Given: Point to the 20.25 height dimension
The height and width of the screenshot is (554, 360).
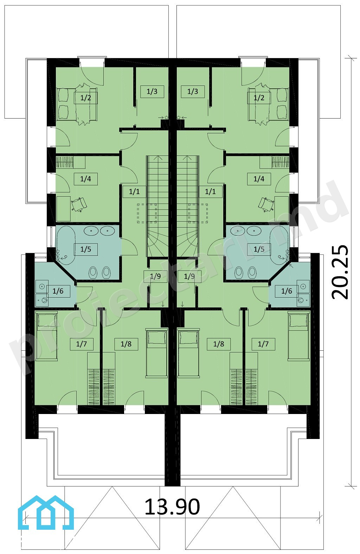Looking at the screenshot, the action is tap(340, 272).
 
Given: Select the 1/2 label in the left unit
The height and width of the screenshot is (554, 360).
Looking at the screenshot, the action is tap(85, 98).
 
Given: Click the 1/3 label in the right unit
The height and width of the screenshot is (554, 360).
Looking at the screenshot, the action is tap(193, 91).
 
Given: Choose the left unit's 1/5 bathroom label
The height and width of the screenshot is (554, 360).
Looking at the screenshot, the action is tap(86, 249).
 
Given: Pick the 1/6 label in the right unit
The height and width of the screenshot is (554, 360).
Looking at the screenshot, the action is tap(287, 291).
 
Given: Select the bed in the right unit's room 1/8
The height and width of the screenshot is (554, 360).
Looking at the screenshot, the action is tap(189, 353).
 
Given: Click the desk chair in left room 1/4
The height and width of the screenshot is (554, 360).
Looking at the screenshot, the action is tap(79, 204).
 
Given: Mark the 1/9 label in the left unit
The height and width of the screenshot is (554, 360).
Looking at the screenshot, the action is tap(155, 276).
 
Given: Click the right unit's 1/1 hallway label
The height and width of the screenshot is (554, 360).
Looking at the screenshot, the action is tap(211, 191).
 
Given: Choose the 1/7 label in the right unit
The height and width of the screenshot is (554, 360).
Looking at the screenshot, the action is tap(263, 344).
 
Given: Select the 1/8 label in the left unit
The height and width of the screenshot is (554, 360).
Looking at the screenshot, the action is tap(126, 344).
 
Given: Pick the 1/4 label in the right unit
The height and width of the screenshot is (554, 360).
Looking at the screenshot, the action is tap(259, 179).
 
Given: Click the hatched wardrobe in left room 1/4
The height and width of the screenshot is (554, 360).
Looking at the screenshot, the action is tap(65, 162).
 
